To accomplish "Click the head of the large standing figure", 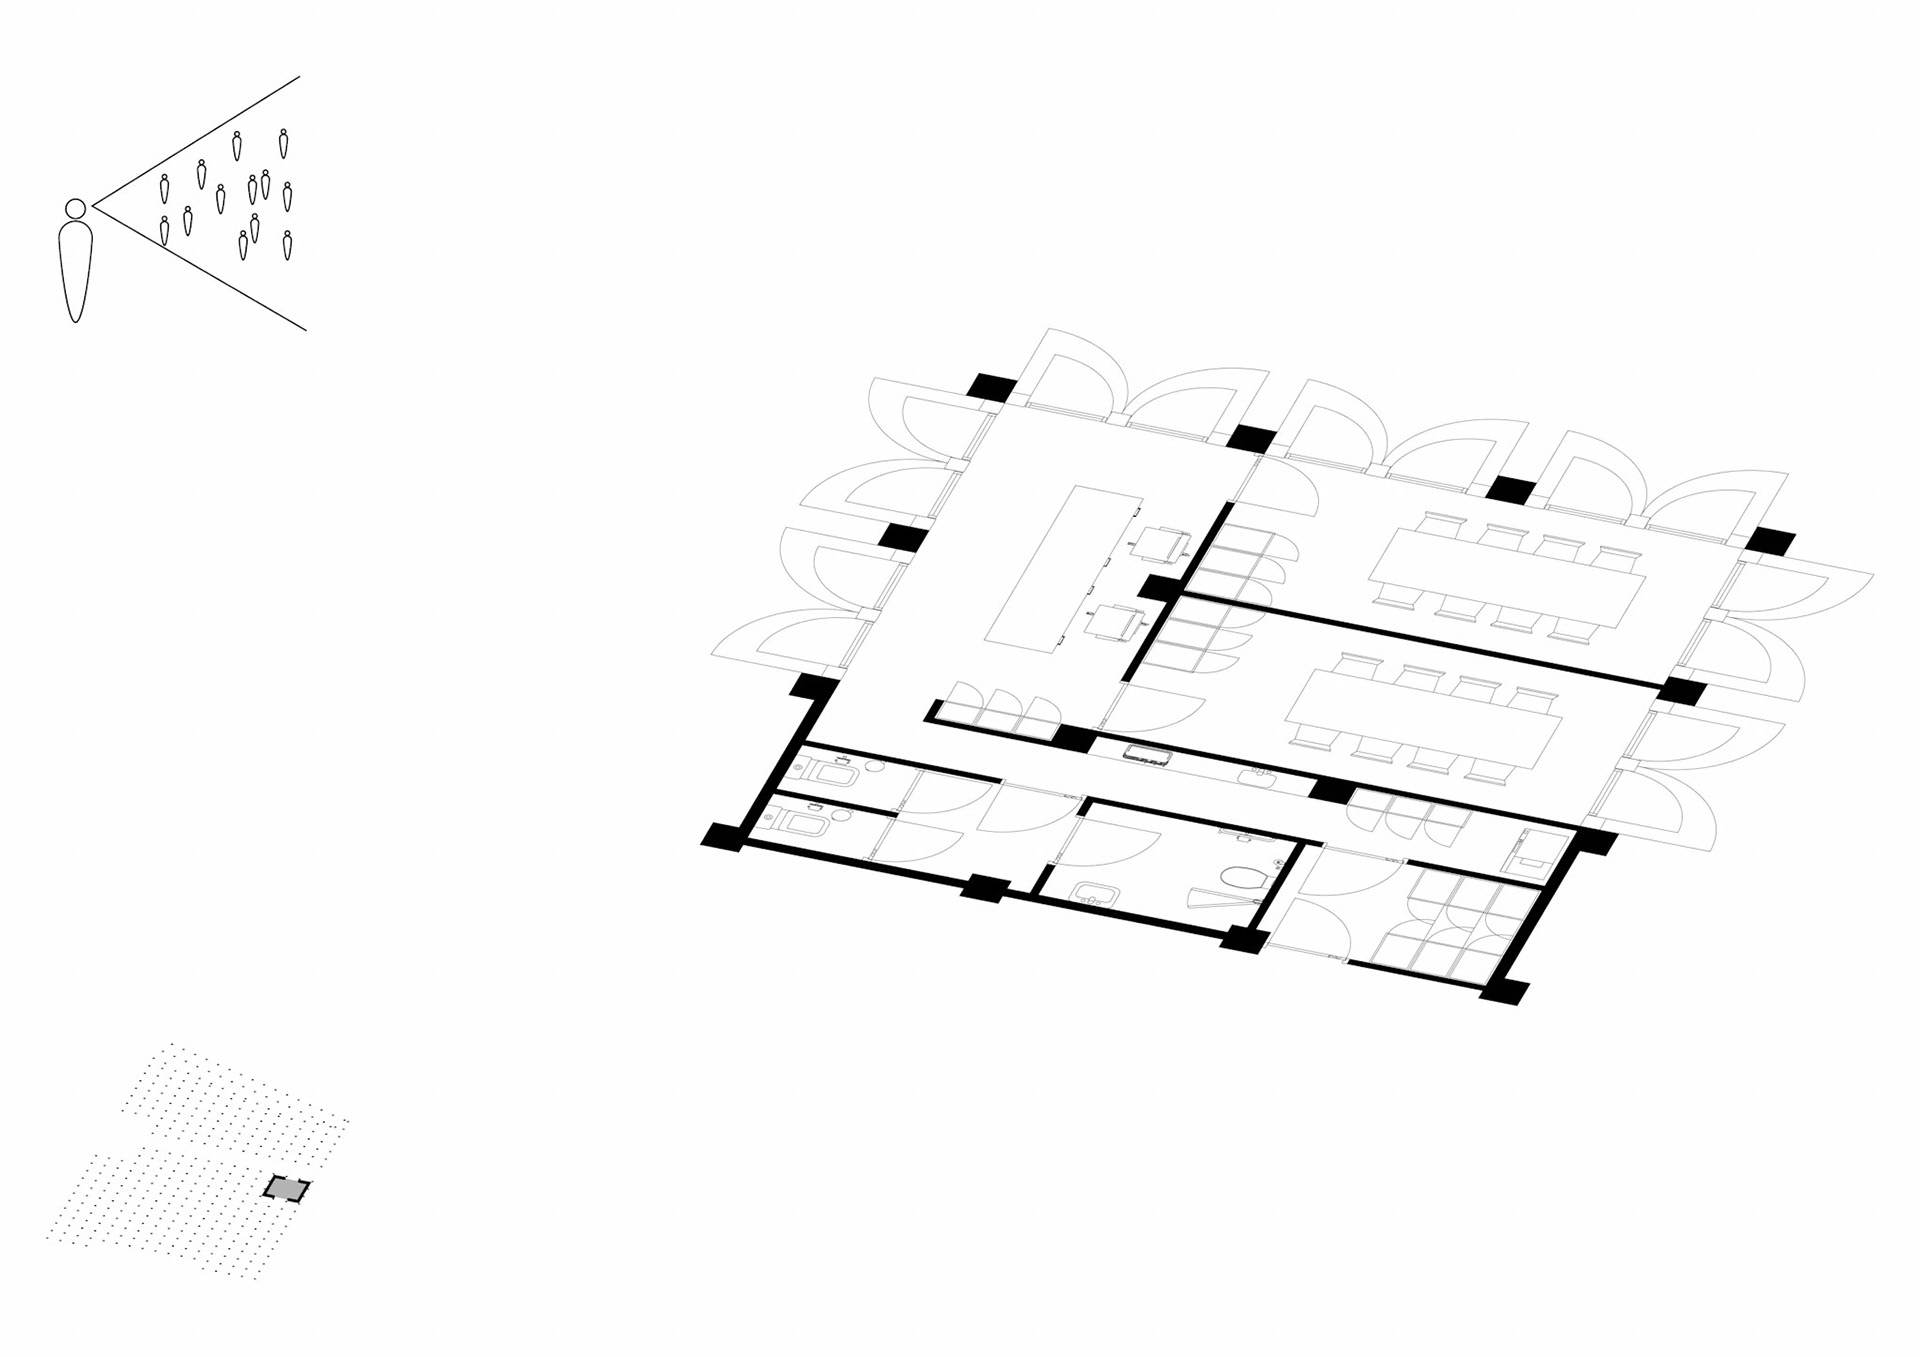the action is coord(75,208).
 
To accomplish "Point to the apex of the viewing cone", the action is coord(93,206).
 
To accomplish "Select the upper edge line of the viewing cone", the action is coord(200,139).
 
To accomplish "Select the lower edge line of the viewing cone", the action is coord(200,267).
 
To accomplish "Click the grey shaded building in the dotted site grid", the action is coord(286,1188).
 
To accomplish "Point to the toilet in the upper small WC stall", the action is coord(833,774).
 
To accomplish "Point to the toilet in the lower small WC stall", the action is coord(805,823).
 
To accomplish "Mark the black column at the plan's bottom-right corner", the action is coord(1504,992).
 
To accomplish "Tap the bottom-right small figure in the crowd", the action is coord(287,245).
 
